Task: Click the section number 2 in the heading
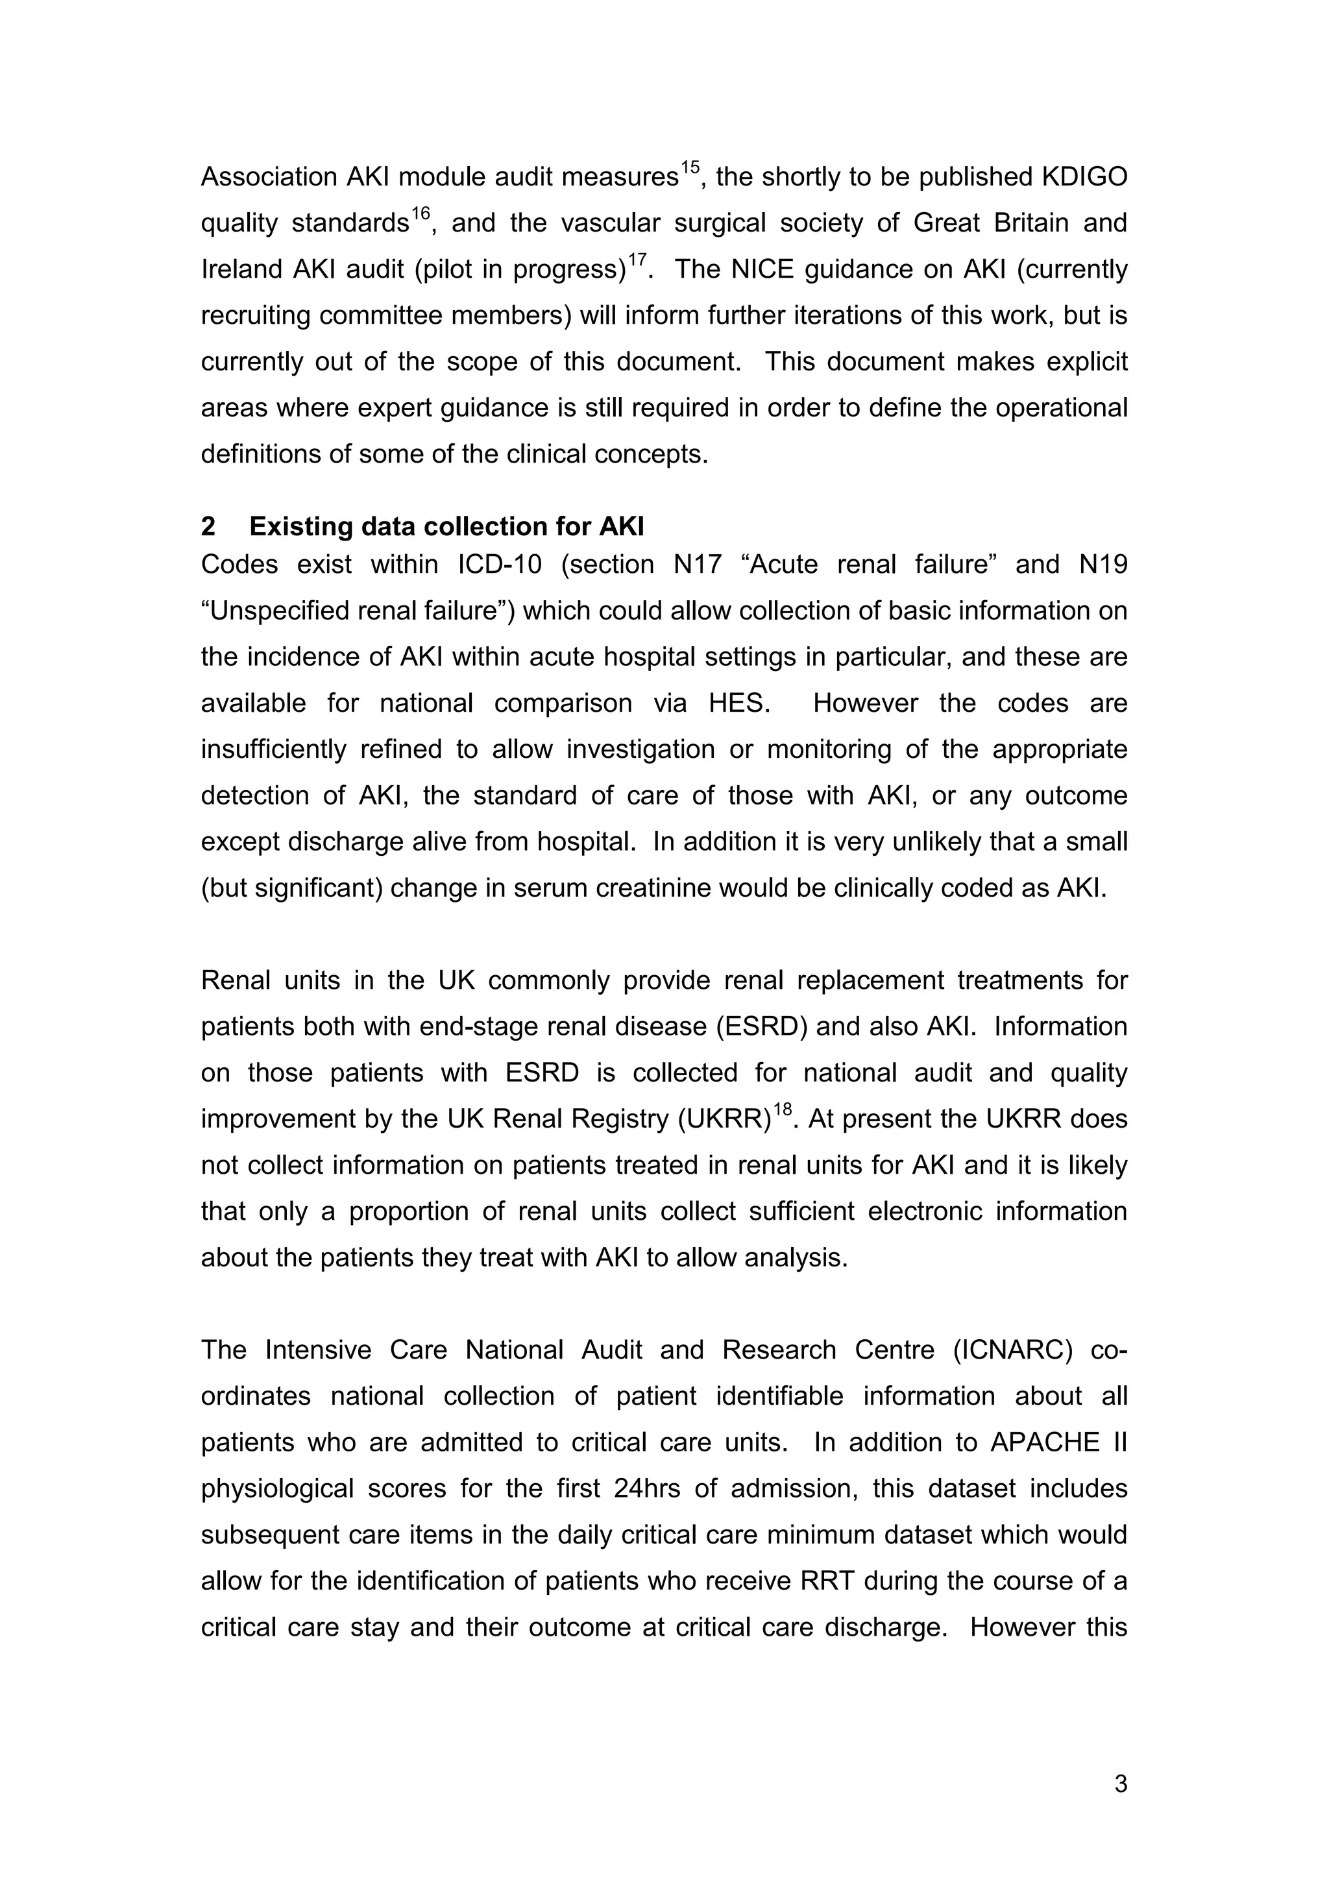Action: click(x=208, y=526)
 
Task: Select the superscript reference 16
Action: click(x=420, y=213)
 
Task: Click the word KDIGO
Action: click(x=1079, y=176)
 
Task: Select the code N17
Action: click(x=696, y=564)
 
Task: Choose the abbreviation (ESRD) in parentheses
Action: click(x=761, y=1026)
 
